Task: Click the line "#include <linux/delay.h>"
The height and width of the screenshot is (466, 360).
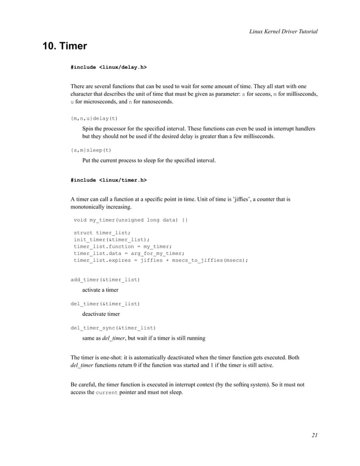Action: (108, 67)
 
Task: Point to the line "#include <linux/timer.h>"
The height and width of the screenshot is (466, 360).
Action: (108, 181)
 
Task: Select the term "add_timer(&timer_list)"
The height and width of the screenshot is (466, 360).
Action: (105, 279)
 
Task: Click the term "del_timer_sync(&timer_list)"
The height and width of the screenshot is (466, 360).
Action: (113, 327)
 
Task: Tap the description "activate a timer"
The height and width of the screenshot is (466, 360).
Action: (100, 290)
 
